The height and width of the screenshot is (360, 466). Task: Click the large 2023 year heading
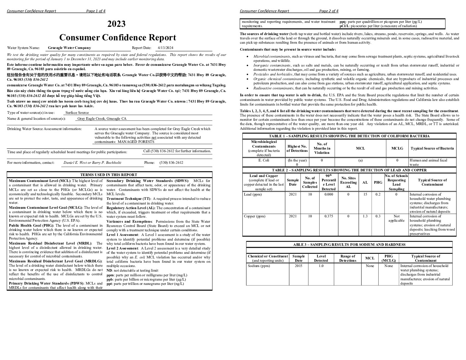116,24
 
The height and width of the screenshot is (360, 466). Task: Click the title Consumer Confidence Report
117,37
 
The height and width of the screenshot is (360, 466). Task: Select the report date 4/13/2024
165,48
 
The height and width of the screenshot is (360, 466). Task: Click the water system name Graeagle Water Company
69,48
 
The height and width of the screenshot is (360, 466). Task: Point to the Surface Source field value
77,112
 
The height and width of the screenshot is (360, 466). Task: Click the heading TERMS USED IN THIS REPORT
109,175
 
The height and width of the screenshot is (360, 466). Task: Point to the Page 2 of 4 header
329,11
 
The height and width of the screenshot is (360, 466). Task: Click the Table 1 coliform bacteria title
349,136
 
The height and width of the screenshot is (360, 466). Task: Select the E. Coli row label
264,160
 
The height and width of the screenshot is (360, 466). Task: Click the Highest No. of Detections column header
297,148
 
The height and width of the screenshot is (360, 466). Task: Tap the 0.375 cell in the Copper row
329,216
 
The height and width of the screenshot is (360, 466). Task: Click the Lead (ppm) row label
253,195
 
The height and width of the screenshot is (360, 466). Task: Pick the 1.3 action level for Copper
365,216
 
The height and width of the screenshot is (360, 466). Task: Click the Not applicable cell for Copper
396,218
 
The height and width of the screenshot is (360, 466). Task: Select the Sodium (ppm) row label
259,266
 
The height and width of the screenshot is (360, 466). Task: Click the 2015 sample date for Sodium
299,266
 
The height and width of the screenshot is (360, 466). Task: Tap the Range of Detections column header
348,258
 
